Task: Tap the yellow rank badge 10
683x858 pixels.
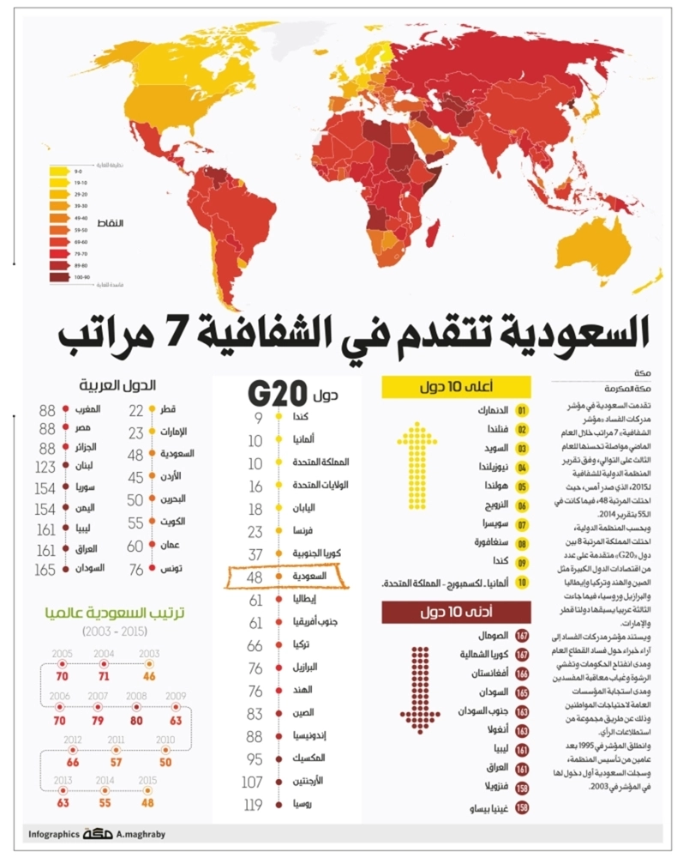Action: (522, 583)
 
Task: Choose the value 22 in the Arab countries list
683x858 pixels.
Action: (135, 410)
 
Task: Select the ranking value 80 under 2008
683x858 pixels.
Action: (135, 721)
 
